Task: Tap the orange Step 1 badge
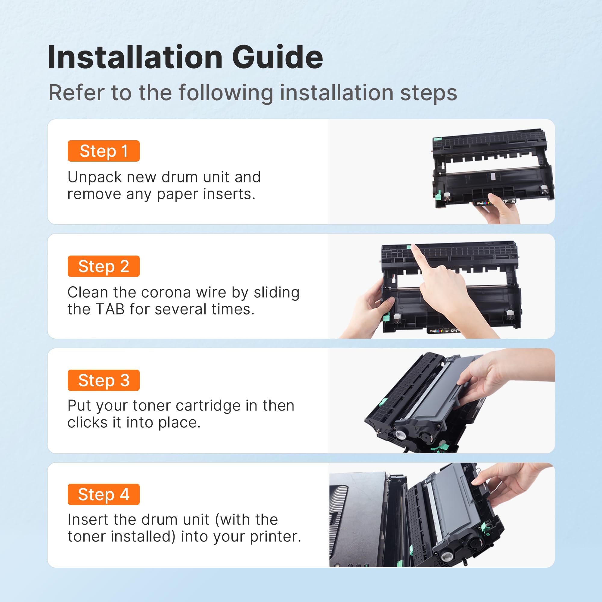click(104, 151)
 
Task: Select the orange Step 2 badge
click(104, 266)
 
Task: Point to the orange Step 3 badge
click(104, 380)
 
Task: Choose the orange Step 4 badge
click(104, 494)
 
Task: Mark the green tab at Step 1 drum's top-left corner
click(438, 139)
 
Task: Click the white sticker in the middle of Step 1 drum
click(493, 176)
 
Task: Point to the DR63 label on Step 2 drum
click(455, 330)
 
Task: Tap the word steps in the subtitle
click(428, 94)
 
